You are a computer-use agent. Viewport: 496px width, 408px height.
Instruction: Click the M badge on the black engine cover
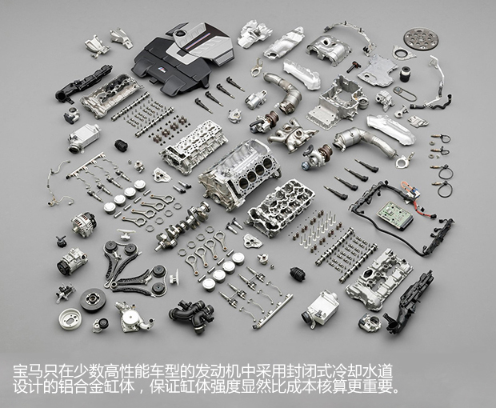tap(161, 68)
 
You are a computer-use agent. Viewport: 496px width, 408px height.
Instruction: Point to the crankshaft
tap(183, 225)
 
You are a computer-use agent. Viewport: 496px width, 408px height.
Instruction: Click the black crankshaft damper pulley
tap(93, 300)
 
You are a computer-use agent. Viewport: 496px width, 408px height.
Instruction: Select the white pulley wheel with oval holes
tap(70, 319)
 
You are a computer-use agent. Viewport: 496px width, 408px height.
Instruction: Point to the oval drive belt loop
tap(406, 94)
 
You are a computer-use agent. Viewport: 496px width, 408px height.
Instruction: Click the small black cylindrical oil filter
tap(405, 74)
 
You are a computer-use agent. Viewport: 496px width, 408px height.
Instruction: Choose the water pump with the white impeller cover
tap(133, 318)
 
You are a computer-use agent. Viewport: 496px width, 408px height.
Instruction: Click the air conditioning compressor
tap(72, 262)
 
